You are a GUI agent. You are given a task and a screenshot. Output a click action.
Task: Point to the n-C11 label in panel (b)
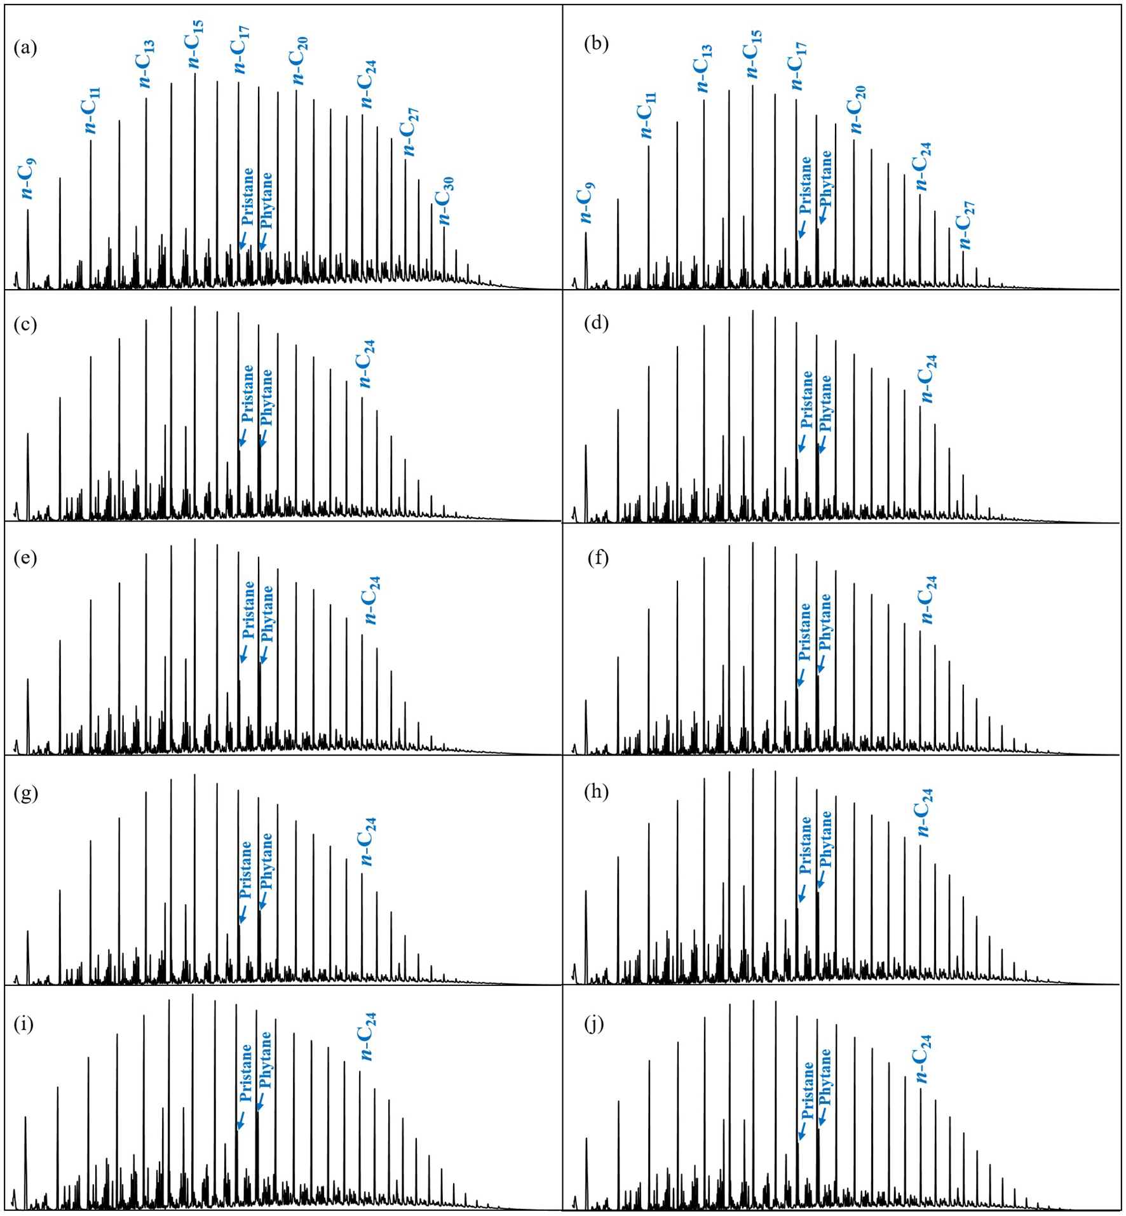point(648,115)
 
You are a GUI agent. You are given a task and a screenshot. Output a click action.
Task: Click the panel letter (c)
point(25,325)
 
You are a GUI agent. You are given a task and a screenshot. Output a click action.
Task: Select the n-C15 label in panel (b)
point(752,54)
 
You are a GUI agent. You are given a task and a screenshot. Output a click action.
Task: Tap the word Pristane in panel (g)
point(246,869)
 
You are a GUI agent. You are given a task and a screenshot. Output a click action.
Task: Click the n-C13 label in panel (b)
point(702,69)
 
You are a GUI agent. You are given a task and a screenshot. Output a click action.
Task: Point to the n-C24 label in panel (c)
point(367,363)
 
